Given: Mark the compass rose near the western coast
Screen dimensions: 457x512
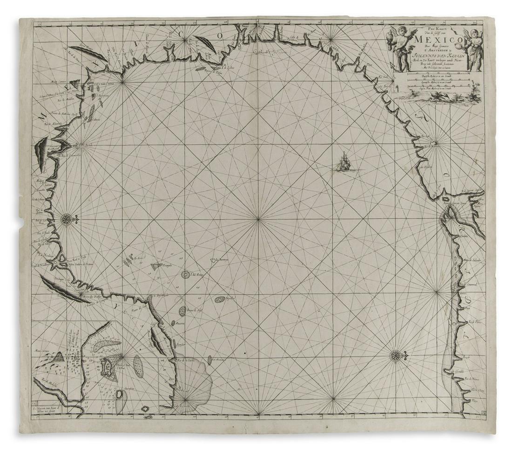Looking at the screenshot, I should pos(67,218).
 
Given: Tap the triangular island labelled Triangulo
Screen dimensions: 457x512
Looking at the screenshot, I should pos(156,266).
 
